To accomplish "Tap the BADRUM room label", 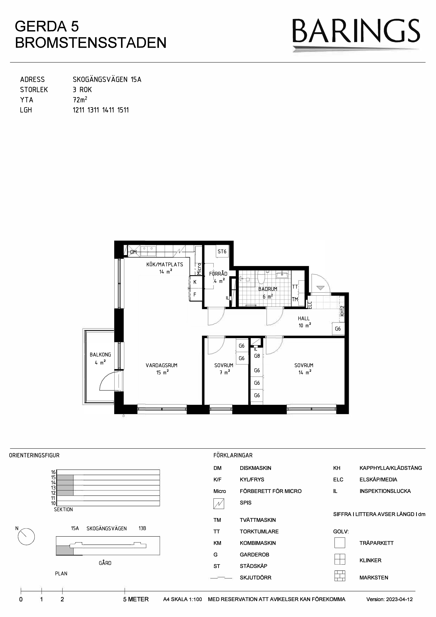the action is (268, 289).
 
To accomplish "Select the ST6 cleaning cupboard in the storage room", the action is (222, 252).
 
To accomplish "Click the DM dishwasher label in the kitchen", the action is (133, 252).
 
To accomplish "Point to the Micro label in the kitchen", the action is (199, 269).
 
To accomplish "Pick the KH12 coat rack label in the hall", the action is (342, 311).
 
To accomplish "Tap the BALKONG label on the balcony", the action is (100, 355).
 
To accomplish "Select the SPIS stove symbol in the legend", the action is (219, 504).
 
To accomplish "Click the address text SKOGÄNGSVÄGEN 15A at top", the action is (107, 80).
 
